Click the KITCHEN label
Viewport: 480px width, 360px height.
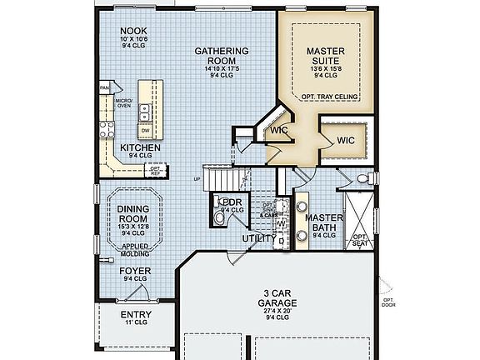pos(140,147)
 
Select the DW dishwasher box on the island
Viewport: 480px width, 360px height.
pos(145,130)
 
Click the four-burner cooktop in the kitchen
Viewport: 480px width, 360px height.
pos(107,128)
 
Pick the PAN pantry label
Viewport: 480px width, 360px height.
pos(105,87)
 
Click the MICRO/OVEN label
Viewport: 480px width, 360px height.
pos(123,102)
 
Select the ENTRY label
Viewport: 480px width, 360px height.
pos(136,314)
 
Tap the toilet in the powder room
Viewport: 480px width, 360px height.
pos(219,218)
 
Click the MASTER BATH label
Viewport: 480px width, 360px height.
pos(320,222)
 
